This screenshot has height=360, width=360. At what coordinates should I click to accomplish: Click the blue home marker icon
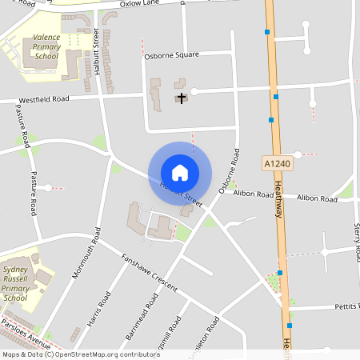[x=180, y=173]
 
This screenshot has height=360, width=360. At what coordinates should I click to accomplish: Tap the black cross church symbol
[x=182, y=98]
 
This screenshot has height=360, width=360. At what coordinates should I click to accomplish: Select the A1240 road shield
[x=274, y=163]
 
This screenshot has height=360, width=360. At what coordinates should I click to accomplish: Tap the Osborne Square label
[x=170, y=55]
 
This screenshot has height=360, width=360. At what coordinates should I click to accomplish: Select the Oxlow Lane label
[x=140, y=4]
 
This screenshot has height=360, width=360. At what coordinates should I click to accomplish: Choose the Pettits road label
[x=346, y=306]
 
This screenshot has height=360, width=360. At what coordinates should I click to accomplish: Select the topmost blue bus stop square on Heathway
[x=267, y=33]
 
